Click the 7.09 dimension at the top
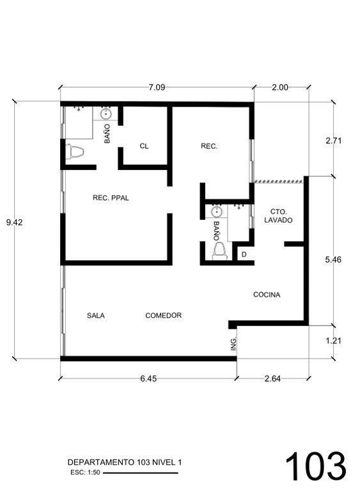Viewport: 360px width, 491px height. pyautogui.click(x=157, y=87)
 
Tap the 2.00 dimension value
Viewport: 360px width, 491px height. pyautogui.click(x=280, y=87)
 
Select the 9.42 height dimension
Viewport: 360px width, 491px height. pyautogui.click(x=15, y=222)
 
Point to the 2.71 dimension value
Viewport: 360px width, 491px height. pyautogui.click(x=333, y=141)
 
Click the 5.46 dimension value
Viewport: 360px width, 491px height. pyautogui.click(x=333, y=260)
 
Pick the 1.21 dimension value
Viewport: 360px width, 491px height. pyautogui.click(x=333, y=340)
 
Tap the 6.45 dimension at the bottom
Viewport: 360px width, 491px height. pyautogui.click(x=148, y=378)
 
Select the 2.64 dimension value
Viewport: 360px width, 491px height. pyautogui.click(x=272, y=378)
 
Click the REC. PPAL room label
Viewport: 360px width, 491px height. pyautogui.click(x=111, y=198)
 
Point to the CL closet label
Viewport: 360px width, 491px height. pyautogui.click(x=144, y=146)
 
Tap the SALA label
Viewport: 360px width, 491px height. pyautogui.click(x=96, y=316)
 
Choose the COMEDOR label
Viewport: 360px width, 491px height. pyautogui.click(x=164, y=315)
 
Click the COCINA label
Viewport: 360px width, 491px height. pyautogui.click(x=267, y=295)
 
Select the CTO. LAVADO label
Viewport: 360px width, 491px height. pyautogui.click(x=278, y=216)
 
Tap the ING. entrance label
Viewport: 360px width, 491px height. pyautogui.click(x=233, y=343)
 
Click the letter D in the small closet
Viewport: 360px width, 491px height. pyautogui.click(x=244, y=254)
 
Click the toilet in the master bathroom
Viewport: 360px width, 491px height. pyautogui.click(x=75, y=152)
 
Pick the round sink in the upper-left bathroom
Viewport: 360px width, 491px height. pyautogui.click(x=106, y=114)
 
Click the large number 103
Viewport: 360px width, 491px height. pyautogui.click(x=315, y=466)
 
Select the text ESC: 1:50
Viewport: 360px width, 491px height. pyautogui.click(x=85, y=472)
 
